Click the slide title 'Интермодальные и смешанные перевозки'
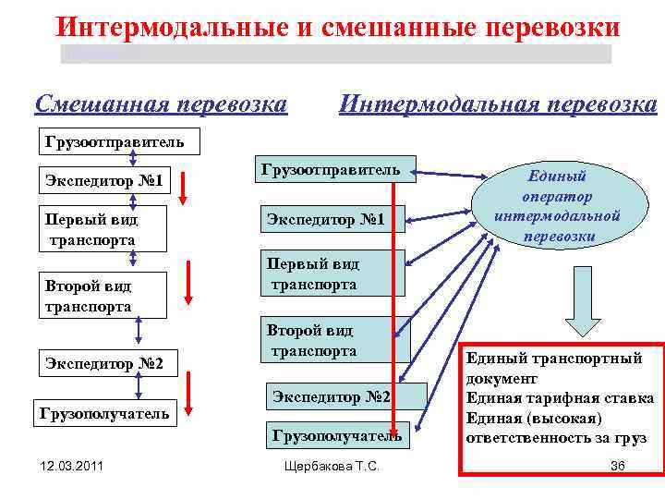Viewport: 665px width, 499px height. (x=337, y=28)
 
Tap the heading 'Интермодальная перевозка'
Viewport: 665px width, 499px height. (x=498, y=103)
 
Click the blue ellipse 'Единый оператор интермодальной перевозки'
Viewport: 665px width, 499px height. (x=557, y=206)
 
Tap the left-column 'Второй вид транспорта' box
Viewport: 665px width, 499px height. (x=88, y=296)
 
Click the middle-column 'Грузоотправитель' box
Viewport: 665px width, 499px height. (x=331, y=171)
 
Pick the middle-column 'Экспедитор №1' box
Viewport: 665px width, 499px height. (x=324, y=220)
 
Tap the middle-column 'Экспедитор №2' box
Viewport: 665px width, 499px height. (x=332, y=397)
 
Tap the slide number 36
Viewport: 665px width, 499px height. (x=618, y=466)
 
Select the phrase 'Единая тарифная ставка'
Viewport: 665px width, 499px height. (x=560, y=397)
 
